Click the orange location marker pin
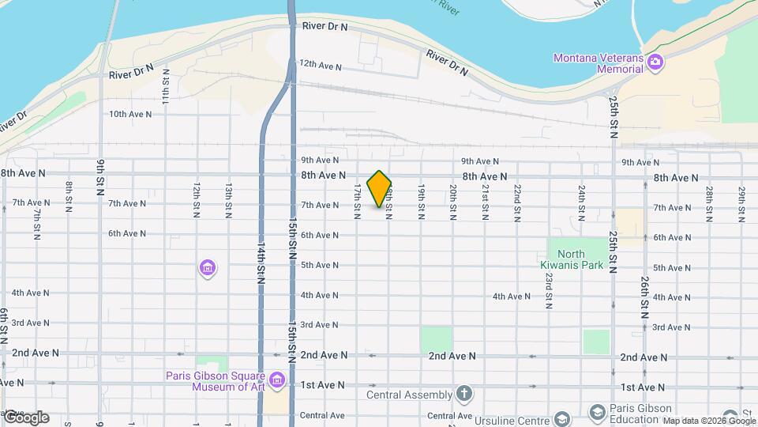pyautogui.click(x=380, y=189)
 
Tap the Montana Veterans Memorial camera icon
pyautogui.click(x=655, y=63)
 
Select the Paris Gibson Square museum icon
pyautogui.click(x=276, y=381)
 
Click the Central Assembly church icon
pyautogui.click(x=465, y=394)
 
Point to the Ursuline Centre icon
pyautogui.click(x=562, y=418)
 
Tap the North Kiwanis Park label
pyautogui.click(x=576, y=259)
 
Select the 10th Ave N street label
pyautogui.click(x=130, y=114)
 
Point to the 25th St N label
pyautogui.click(x=614, y=115)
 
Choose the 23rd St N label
pyautogui.click(x=548, y=290)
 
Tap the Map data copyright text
pyautogui.click(x=708, y=421)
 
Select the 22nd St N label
pyautogui.click(x=516, y=202)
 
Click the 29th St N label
pyautogui.click(x=741, y=204)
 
